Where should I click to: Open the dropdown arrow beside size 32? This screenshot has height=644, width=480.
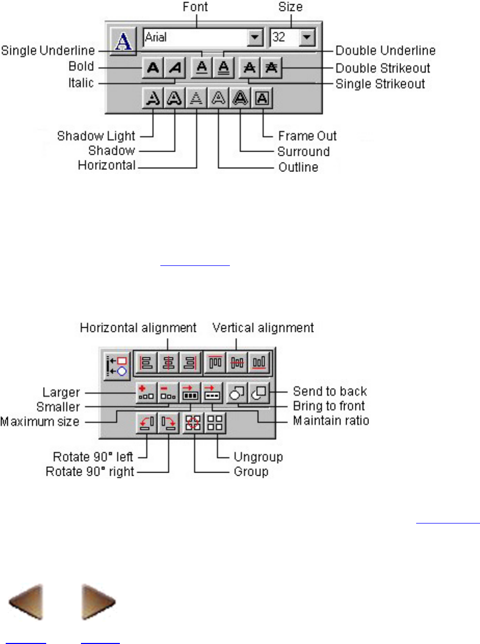pyautogui.click(x=307, y=37)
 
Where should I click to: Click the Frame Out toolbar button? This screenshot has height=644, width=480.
pyautogui.click(x=262, y=98)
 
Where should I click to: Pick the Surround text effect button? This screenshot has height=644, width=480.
pyautogui.click(x=240, y=98)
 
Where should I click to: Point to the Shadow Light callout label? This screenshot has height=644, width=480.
pyautogui.click(x=96, y=136)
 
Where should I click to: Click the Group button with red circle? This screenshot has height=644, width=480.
pyautogui.click(x=194, y=422)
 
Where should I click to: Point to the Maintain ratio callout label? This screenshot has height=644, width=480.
pyautogui.click(x=331, y=420)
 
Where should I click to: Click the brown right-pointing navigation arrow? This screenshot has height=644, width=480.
pyautogui.click(x=99, y=602)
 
